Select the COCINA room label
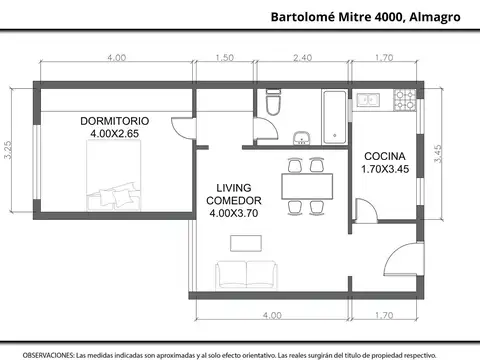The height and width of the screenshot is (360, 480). [385, 156]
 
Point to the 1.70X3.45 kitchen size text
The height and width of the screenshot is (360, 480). [385, 169]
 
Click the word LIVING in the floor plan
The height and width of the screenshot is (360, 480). [234, 187]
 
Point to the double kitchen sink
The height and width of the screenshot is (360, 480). [371, 100]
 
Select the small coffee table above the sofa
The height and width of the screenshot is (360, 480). [245, 242]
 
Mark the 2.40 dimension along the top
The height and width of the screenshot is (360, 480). [302, 58]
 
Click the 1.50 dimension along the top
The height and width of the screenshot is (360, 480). [225, 58]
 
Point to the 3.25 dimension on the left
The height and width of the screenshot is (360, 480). [8, 150]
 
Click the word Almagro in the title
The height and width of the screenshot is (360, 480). [435, 16]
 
